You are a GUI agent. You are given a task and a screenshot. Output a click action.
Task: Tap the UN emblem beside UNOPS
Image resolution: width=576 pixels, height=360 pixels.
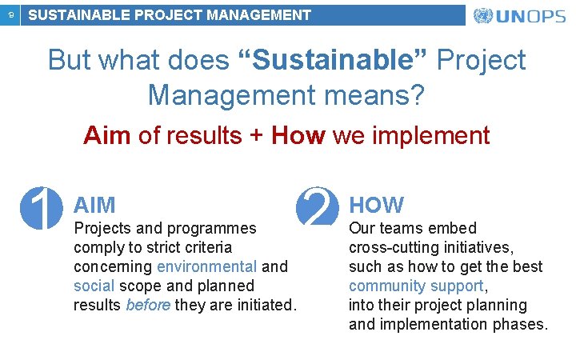click(x=483, y=16)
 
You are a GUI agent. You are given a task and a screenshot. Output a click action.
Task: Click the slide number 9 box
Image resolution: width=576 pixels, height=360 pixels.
click(x=10, y=14)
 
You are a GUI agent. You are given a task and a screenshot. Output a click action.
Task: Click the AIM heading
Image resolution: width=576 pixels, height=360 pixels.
click(x=94, y=205)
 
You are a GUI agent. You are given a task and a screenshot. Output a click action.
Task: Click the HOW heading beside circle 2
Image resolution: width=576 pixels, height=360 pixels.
click(x=376, y=205)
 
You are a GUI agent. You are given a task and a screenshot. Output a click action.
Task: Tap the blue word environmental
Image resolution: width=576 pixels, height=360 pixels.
click(x=206, y=266)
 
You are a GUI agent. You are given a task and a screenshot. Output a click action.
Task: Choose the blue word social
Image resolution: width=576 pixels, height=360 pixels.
click(x=94, y=286)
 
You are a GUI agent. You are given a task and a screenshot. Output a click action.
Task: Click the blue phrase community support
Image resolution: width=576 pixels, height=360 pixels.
click(x=416, y=286)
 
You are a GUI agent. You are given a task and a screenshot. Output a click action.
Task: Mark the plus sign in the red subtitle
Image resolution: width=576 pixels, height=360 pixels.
click(x=256, y=135)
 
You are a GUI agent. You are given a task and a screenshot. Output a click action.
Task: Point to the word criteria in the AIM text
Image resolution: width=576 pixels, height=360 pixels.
click(x=205, y=247)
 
